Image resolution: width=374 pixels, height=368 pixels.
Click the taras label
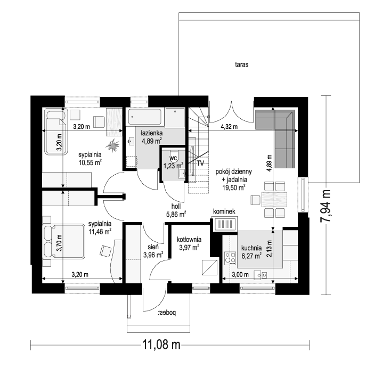[x=242, y=64]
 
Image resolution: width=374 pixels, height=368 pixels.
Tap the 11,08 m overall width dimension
[x=161, y=345]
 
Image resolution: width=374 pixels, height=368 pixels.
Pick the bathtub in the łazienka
[x=145, y=117]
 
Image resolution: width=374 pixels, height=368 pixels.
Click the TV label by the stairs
[x=201, y=163]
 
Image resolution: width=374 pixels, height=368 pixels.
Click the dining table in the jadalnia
[x=274, y=199]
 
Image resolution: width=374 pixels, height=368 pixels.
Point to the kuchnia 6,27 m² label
[x=251, y=252]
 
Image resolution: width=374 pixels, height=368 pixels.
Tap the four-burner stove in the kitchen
[x=230, y=257]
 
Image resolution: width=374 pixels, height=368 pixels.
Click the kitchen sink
[x=260, y=275]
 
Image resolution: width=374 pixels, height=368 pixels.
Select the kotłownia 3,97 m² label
[x=189, y=243]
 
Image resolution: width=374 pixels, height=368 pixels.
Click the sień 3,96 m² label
[x=153, y=251]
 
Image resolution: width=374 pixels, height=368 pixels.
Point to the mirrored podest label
[x=167, y=313]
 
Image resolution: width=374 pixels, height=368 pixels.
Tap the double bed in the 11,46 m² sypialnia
[x=64, y=241]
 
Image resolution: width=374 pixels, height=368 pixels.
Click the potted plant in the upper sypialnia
[x=112, y=145]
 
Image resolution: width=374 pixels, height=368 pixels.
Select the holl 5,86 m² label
[x=176, y=210]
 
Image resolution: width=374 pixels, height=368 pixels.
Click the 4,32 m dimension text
[x=229, y=127]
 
